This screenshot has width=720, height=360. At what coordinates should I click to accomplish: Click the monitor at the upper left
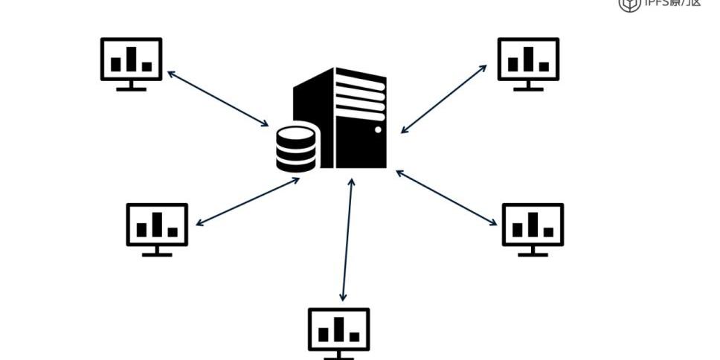[131, 60]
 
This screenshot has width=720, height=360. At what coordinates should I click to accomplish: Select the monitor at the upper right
[528, 60]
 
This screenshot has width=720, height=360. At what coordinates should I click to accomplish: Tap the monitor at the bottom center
[338, 329]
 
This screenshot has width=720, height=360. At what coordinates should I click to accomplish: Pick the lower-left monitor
[157, 225]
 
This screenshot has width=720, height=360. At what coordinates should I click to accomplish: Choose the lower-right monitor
[533, 225]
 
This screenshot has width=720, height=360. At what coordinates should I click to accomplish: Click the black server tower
[350, 119]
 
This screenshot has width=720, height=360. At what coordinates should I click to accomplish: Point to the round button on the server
[378, 130]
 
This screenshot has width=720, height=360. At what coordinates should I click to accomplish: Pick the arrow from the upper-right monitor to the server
[443, 99]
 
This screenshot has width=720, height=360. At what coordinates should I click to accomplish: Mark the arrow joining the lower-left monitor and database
[248, 202]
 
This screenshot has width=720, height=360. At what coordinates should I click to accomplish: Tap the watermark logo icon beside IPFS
[629, 4]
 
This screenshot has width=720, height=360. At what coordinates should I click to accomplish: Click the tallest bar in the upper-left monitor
[132, 59]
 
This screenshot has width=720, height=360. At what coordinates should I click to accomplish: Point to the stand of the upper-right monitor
[528, 86]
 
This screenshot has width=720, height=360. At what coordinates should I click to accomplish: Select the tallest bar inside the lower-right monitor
[533, 224]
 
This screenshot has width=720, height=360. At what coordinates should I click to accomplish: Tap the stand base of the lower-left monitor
[157, 254]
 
